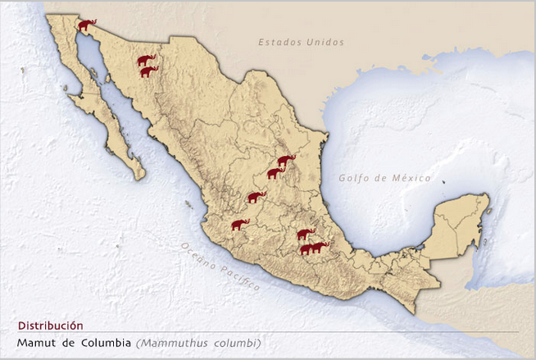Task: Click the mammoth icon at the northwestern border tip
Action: [x=87, y=25]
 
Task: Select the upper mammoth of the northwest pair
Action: [x=146, y=60]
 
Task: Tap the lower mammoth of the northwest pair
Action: [x=148, y=71]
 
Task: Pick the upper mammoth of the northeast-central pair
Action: [x=286, y=161]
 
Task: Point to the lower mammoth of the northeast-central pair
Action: [x=275, y=173]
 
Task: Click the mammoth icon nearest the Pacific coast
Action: [x=239, y=224]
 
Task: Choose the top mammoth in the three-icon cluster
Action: [x=306, y=235]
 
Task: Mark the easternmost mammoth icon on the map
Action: [x=319, y=246]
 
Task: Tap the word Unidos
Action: [x=325, y=42]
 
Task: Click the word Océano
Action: [x=197, y=254]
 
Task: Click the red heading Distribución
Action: [x=50, y=326]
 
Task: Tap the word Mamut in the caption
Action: [x=34, y=342]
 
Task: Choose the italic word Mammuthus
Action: [x=170, y=342]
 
